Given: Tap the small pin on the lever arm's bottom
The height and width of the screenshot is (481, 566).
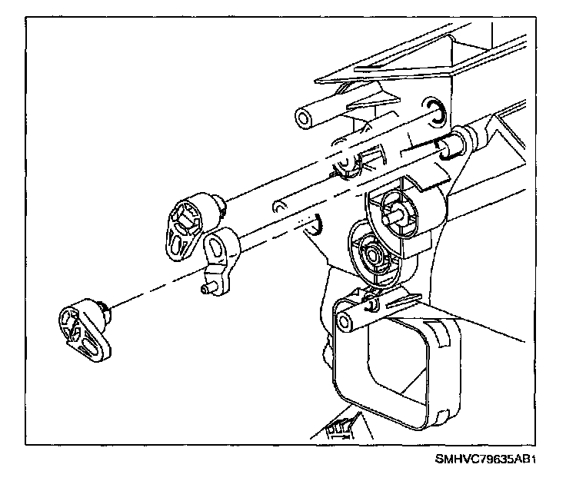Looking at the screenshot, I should tap(205, 290).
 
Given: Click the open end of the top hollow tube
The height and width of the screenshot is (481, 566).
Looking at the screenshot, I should tap(305, 117).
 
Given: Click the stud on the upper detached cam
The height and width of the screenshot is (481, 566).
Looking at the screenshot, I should tap(221, 203).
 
